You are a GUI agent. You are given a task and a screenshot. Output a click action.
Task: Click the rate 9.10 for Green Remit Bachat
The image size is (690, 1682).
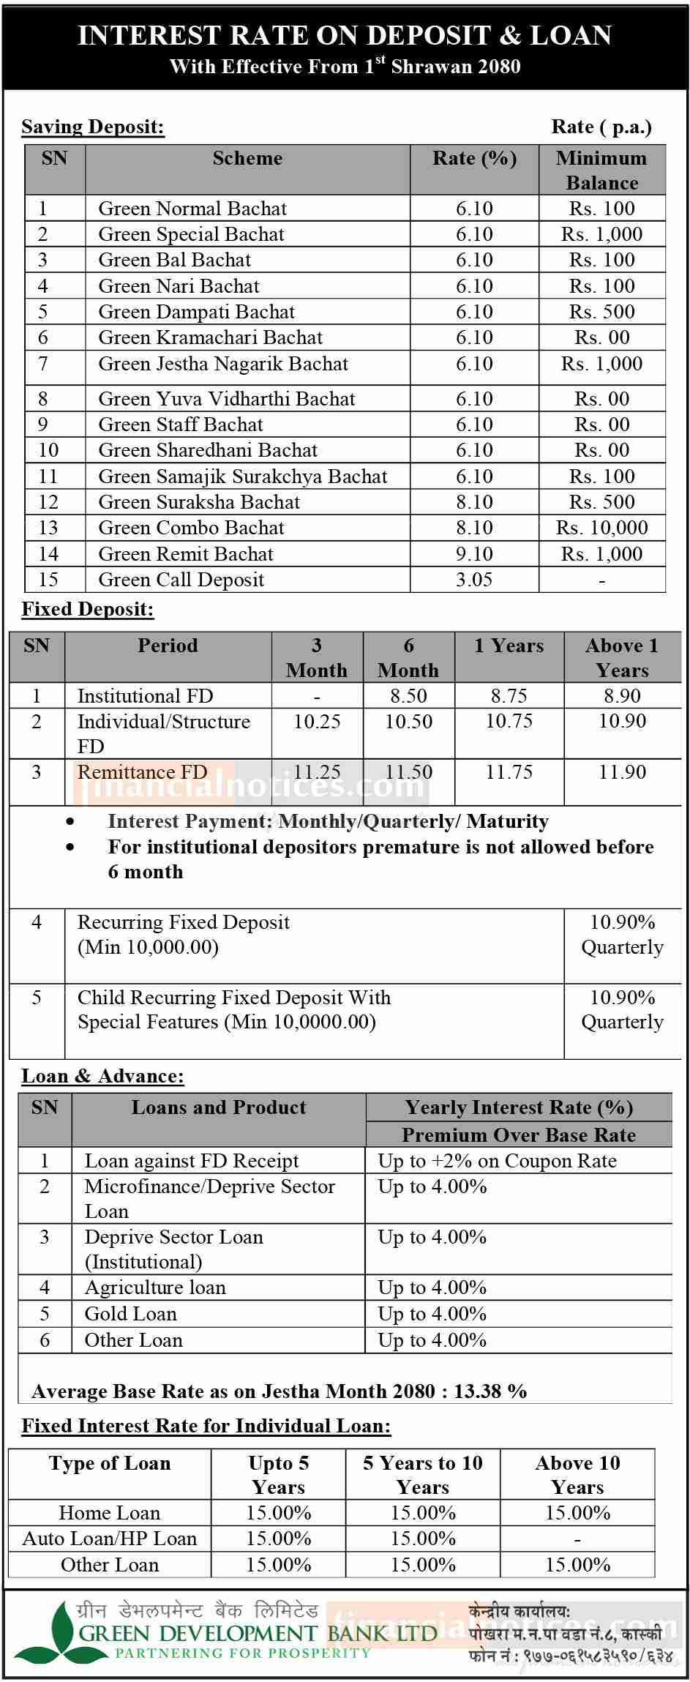click(474, 554)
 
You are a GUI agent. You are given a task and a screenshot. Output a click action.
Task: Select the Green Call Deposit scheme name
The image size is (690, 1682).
click(181, 580)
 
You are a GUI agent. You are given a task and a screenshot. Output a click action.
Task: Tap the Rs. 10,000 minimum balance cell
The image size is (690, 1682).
click(601, 528)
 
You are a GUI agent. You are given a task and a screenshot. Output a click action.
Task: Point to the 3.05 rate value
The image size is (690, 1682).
click(474, 580)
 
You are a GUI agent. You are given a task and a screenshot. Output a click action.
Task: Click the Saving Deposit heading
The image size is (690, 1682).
click(93, 127)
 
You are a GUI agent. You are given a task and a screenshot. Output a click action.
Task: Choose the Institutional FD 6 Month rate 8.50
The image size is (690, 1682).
click(408, 695)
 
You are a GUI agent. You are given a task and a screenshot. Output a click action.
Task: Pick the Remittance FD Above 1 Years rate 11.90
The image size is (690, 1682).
click(622, 772)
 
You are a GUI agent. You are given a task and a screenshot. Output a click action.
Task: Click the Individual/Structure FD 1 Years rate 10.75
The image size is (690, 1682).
click(509, 721)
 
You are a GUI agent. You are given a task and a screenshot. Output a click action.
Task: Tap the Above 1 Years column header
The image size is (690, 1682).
click(622, 657)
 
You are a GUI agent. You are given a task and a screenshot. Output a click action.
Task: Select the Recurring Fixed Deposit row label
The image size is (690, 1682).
click(183, 922)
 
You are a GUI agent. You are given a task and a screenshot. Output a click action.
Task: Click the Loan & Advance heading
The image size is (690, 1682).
click(102, 1076)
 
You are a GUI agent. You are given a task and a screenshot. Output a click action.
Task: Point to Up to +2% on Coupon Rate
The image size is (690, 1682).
click(497, 1161)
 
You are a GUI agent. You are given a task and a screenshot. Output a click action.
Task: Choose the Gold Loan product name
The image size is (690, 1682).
click(130, 1314)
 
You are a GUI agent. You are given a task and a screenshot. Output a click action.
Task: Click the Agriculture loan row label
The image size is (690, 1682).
click(155, 1287)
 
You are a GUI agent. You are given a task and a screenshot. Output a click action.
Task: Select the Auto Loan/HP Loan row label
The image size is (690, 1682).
click(110, 1539)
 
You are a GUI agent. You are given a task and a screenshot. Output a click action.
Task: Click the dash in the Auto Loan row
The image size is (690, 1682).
click(577, 1539)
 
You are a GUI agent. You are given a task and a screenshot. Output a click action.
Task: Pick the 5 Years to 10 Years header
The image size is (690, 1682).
click(423, 1475)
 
